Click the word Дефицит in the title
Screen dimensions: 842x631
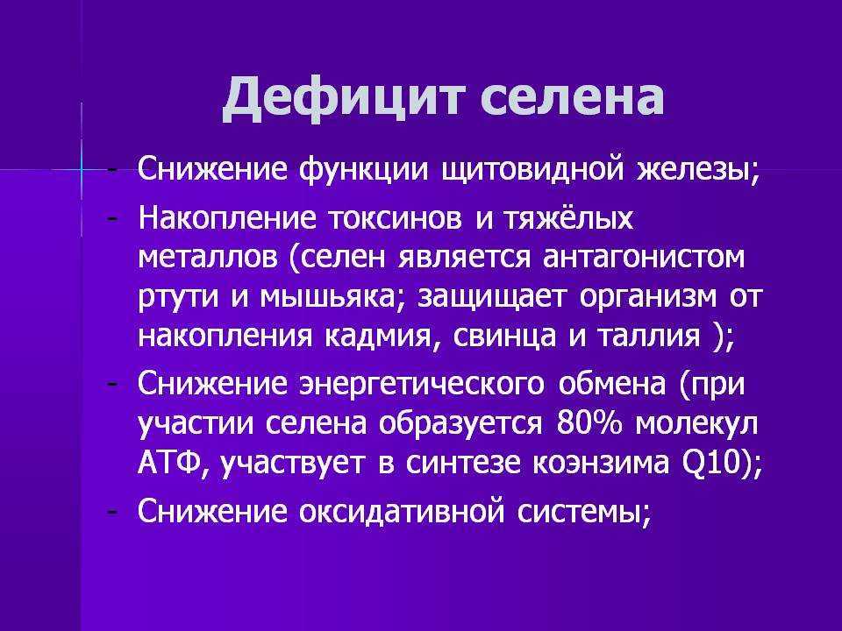pos(342,97)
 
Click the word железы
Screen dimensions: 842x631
pos(697,169)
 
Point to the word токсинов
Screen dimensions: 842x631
pos(395,218)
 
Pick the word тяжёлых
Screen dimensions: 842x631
pos(568,217)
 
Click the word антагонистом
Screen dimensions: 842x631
pos(644,258)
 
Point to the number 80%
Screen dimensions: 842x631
pos(589,422)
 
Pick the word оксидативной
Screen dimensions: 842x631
pos(402,511)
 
